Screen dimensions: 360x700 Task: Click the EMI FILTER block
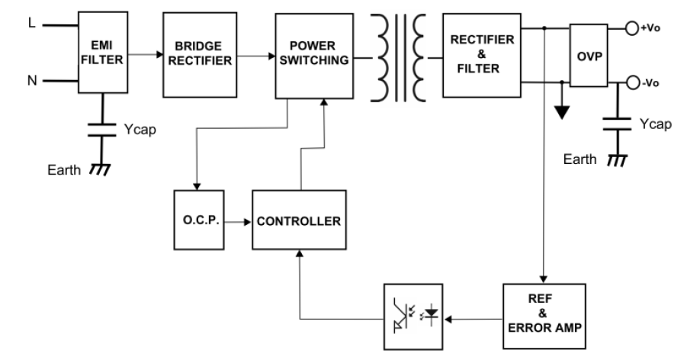pos(101,55)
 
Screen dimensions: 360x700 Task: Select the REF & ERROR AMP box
pos(544,314)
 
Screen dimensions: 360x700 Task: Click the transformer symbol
pos(395,57)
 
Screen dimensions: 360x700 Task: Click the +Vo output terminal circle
pos(631,29)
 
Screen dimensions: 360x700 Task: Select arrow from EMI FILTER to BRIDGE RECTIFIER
pos(145,55)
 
